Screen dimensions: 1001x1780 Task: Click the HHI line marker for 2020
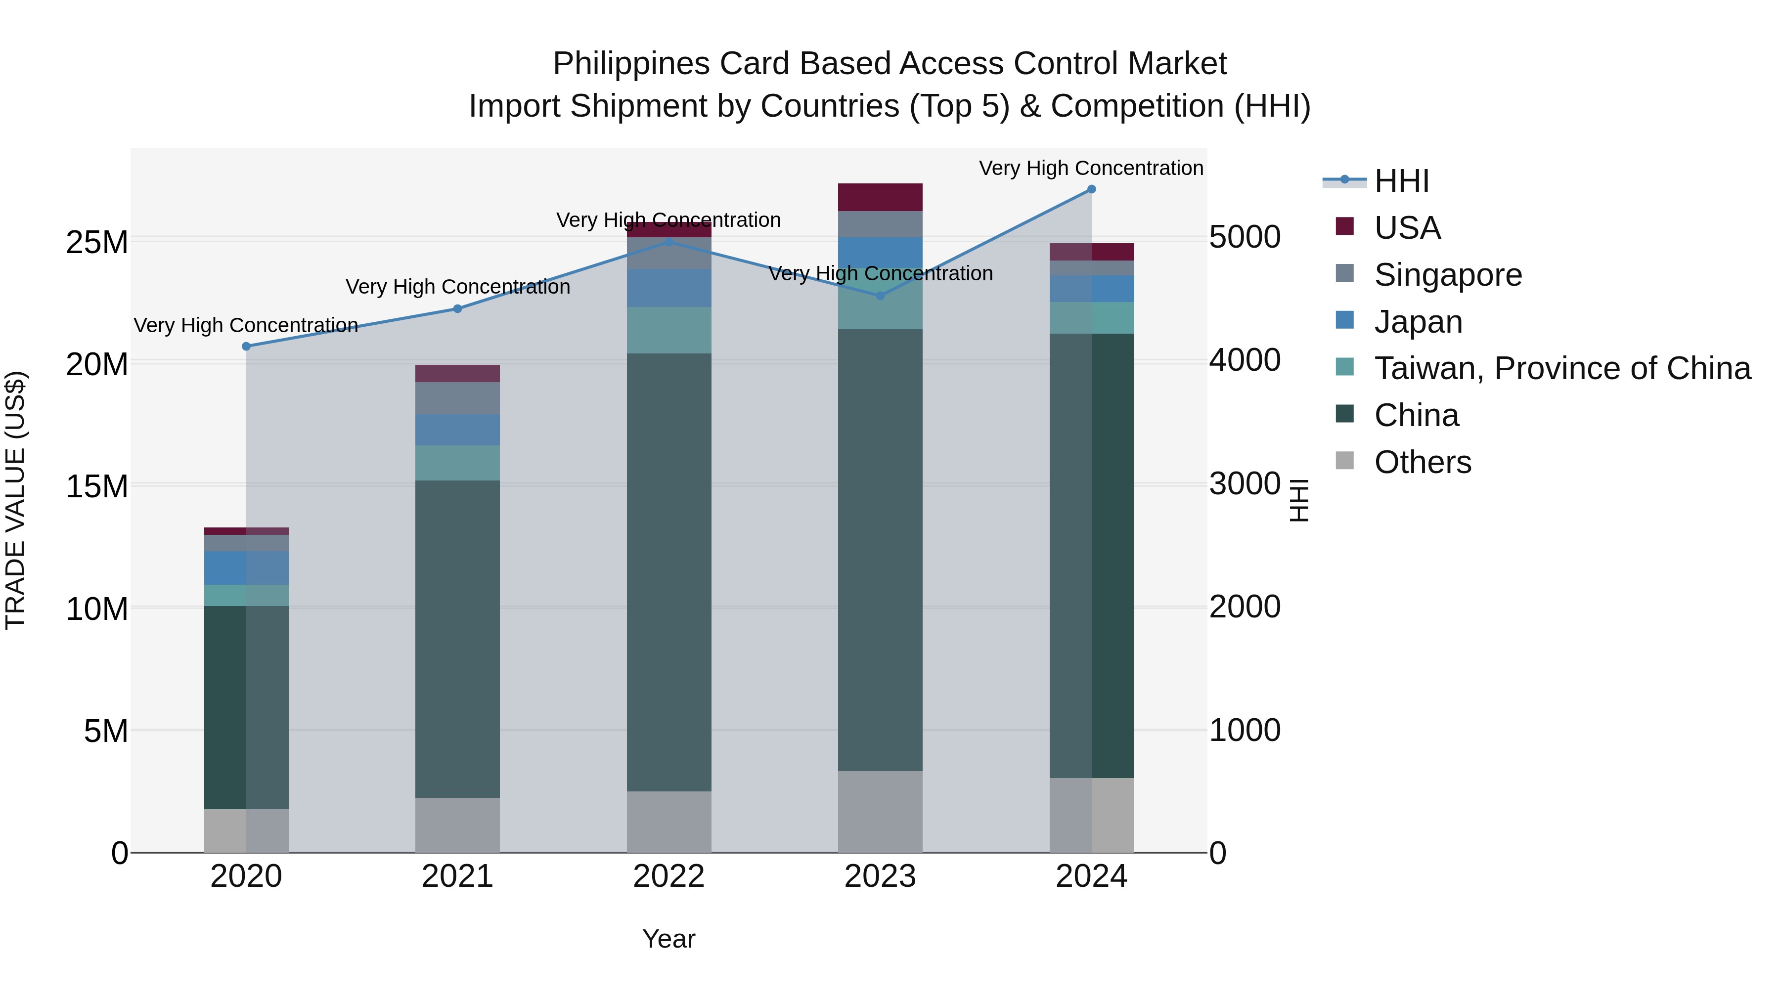[x=246, y=346]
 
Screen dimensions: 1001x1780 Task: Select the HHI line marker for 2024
[x=1091, y=189]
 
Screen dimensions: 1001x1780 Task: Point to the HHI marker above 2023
[x=880, y=296]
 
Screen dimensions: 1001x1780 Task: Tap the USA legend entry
[x=1407, y=228]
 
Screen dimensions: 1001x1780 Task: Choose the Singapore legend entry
[x=1448, y=275]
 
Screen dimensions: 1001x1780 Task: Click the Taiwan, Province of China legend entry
[x=1561, y=368]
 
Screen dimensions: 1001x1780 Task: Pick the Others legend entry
[x=1422, y=462]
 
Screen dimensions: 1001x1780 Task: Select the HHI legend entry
[x=1401, y=181]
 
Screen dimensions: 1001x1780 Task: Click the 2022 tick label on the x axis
[x=668, y=876]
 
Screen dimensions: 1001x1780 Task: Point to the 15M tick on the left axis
[x=97, y=486]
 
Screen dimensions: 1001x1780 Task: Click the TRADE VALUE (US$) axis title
[x=16, y=500]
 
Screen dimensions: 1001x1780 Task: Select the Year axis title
[x=668, y=939]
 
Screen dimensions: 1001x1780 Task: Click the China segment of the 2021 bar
[x=457, y=639]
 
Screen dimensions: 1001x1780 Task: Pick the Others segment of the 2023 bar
[x=880, y=812]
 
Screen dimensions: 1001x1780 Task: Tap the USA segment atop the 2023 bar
[x=880, y=197]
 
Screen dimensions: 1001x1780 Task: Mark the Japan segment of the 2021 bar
[x=457, y=430]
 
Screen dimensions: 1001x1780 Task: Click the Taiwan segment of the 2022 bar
[x=668, y=330]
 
